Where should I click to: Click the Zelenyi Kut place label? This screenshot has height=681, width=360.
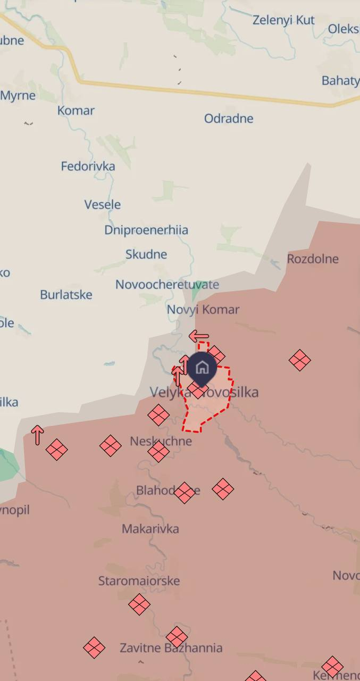pos(283,20)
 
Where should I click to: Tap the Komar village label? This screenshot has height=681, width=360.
pos(76,111)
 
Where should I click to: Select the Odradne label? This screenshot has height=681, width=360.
pos(229,118)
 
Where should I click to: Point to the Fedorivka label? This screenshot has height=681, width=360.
pos(88,166)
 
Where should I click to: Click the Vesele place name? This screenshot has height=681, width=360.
pos(102,204)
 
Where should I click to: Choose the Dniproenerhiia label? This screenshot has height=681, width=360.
pos(146,230)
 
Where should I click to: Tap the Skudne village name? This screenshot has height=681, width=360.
pos(146,254)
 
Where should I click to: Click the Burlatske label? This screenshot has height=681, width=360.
pos(66,294)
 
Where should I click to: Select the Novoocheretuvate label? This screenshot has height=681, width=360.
pos(167,284)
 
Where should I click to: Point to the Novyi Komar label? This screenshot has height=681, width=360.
pos(203,309)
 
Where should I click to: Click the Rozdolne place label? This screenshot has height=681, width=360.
pos(313,259)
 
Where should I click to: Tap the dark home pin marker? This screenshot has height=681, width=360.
pos(202,368)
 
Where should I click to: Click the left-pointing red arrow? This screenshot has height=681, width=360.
pos(199,336)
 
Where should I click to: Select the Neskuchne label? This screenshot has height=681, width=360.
pos(161,441)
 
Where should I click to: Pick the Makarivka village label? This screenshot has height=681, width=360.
pos(150,528)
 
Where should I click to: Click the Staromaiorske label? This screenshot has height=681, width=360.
pos(139,580)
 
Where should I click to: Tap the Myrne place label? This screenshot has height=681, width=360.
pos(18,96)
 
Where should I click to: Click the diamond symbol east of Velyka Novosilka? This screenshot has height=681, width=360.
pos(300,360)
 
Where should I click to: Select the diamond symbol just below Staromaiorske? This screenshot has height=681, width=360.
pos(139,604)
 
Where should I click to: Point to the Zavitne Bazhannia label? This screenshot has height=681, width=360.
pos(171,647)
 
